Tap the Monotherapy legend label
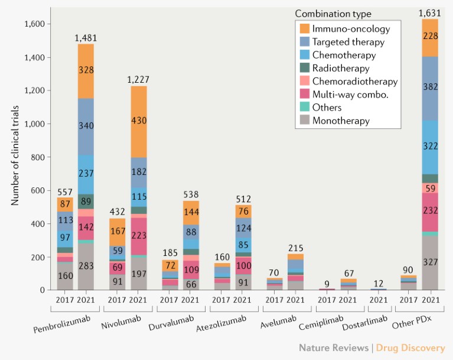[341, 121]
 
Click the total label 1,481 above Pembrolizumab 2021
[86, 38]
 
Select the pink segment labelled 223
[139, 236]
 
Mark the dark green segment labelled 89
[86, 202]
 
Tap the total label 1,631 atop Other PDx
[429, 13]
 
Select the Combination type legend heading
[333, 14]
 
